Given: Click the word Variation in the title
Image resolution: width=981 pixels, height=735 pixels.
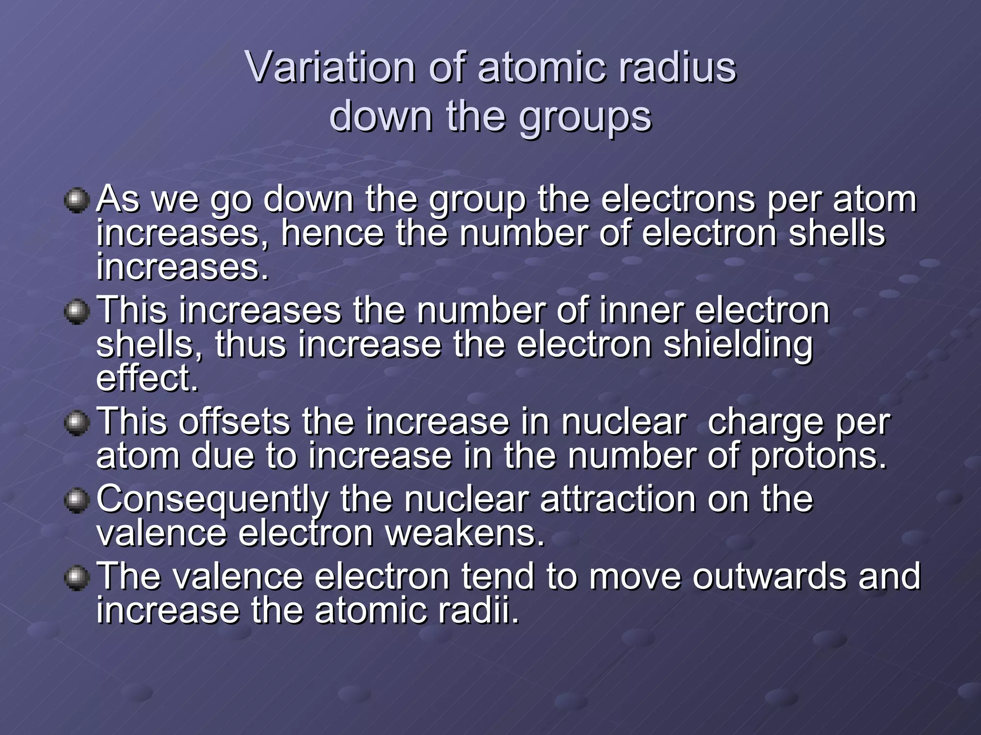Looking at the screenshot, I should click(330, 67).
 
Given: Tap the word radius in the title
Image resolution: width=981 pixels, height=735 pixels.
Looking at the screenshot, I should click(677, 67).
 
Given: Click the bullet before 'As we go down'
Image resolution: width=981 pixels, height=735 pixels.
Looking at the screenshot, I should click(77, 200).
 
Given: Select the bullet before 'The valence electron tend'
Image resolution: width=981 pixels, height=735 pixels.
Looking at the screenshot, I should click(77, 578).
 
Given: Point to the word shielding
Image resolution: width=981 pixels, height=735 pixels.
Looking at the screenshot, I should click(738, 345).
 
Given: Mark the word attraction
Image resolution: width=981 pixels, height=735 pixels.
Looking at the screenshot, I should click(618, 500).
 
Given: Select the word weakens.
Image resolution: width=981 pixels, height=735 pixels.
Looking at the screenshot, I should click(465, 534).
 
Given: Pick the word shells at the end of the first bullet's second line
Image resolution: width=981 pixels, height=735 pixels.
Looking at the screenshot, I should click(836, 234).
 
